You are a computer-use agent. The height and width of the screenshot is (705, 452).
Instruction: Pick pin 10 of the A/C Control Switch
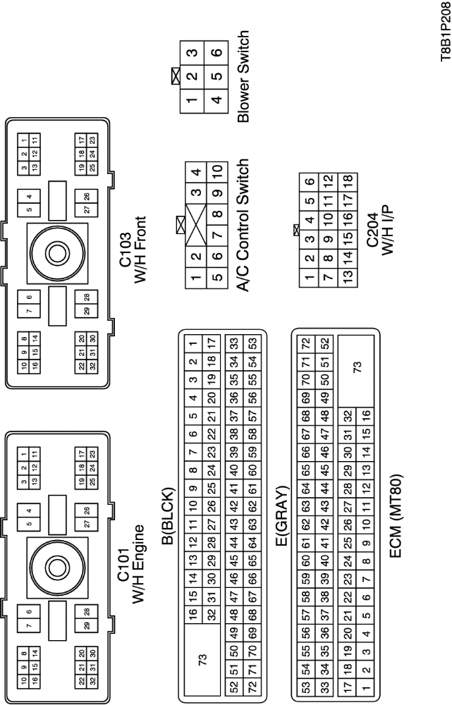click(x=217, y=171)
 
